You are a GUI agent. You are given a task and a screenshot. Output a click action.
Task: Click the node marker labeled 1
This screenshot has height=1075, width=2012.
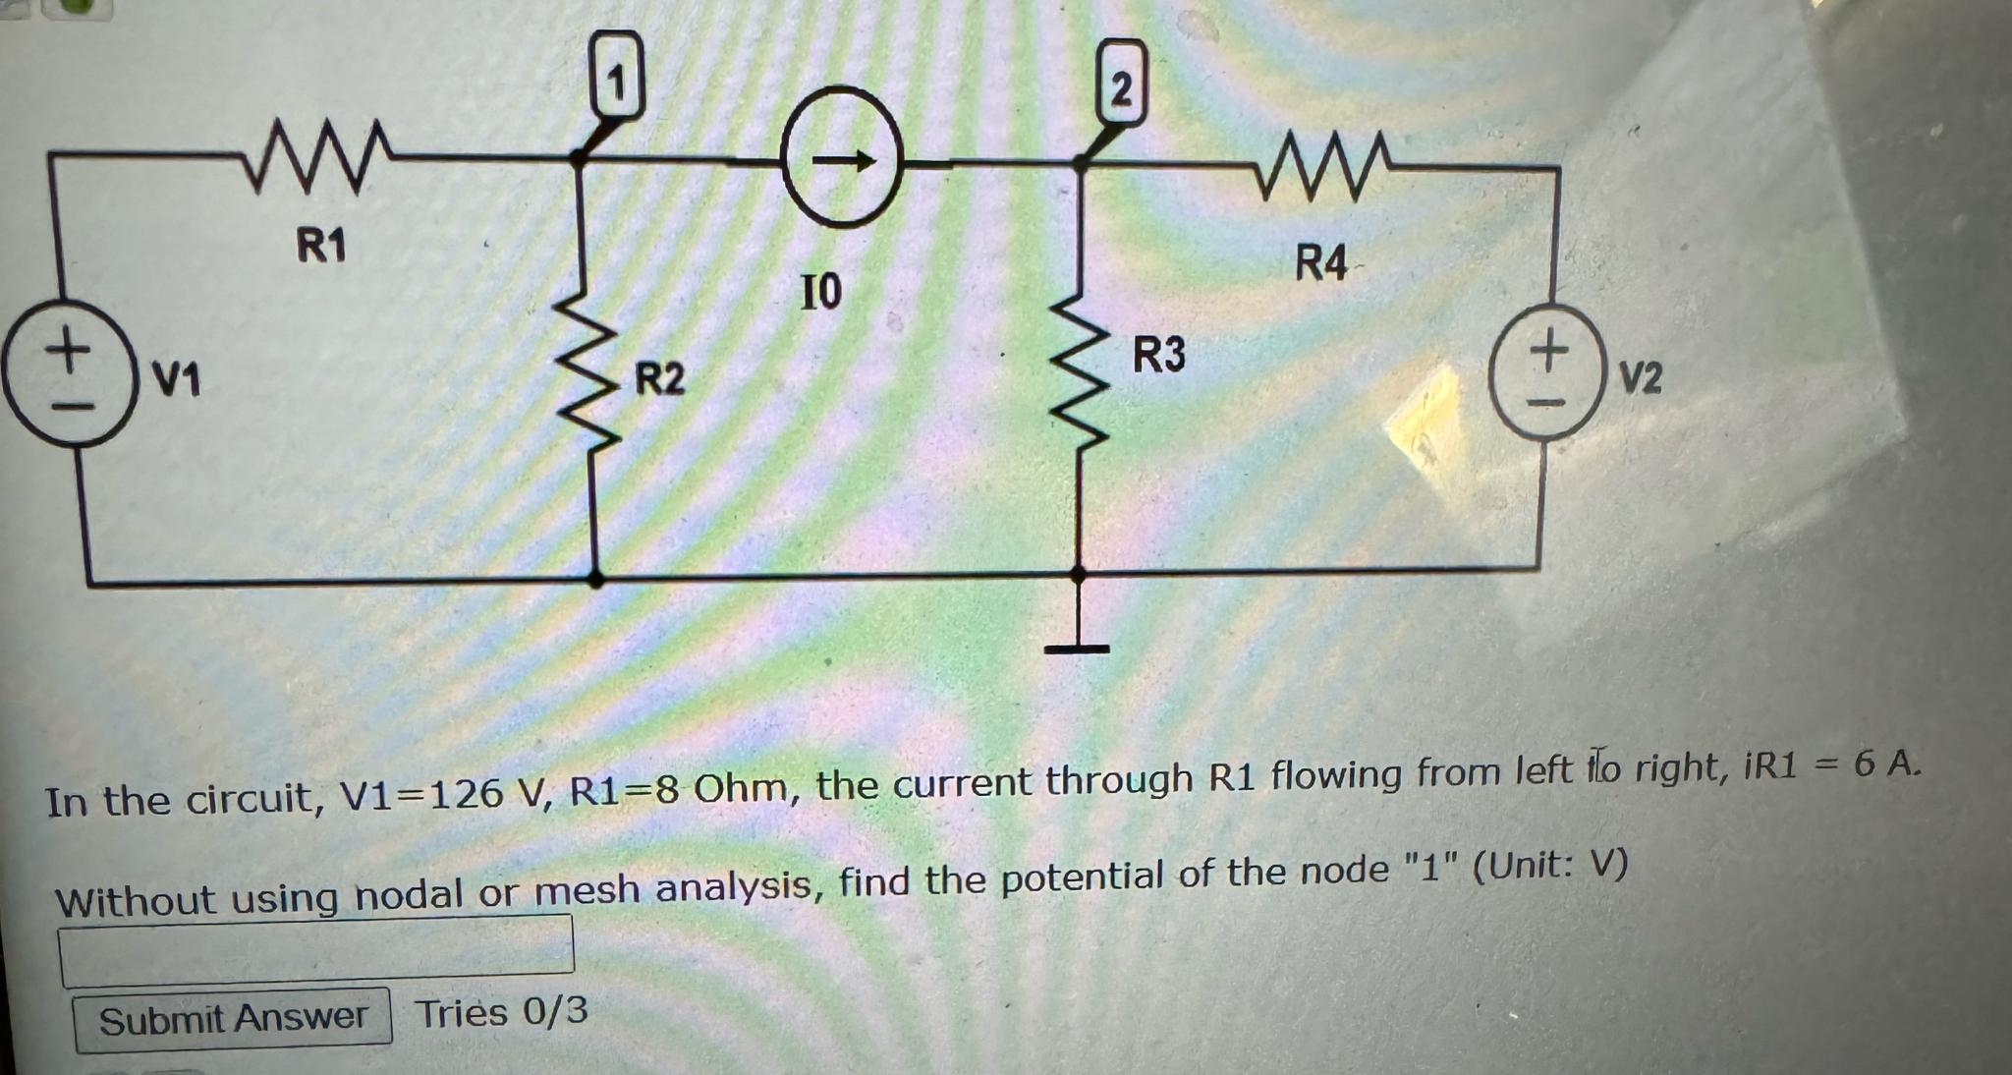(x=617, y=85)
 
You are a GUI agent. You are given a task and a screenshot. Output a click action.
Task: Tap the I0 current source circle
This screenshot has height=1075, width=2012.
(x=842, y=163)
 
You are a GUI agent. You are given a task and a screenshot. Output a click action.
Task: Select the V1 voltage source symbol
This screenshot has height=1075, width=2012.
(x=68, y=375)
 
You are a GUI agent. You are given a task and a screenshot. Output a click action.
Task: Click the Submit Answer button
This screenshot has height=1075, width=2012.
(x=233, y=1019)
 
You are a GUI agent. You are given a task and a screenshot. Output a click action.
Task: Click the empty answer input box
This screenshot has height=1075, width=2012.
(x=316, y=949)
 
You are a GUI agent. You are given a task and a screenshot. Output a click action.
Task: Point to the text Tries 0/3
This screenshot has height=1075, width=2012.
(x=501, y=1012)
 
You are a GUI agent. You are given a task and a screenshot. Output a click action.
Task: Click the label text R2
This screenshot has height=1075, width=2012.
(x=659, y=378)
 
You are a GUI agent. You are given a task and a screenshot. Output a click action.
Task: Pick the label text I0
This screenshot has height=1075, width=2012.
(x=821, y=292)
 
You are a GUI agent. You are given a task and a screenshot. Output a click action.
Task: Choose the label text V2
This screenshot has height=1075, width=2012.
(x=1641, y=377)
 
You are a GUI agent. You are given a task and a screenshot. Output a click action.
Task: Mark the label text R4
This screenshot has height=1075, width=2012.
(x=1320, y=264)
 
